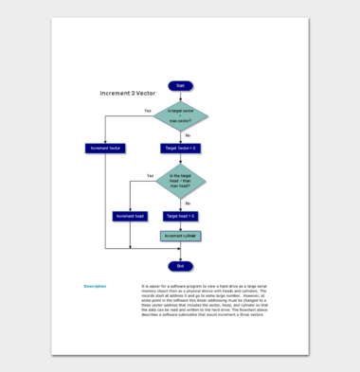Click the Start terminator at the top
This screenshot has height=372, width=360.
tap(180, 86)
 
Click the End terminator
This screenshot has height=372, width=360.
tap(180, 265)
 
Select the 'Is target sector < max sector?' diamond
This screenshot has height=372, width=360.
tap(180, 117)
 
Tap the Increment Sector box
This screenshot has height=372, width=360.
tap(105, 149)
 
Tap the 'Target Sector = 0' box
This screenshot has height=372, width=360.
tap(180, 149)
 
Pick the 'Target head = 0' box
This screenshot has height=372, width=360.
tap(180, 216)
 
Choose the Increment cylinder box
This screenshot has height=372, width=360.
tap(180, 236)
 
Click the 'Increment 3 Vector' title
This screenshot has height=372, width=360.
tap(128, 94)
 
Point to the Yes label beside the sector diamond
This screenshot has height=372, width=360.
tap(147, 111)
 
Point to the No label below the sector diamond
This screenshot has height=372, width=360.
tap(187, 135)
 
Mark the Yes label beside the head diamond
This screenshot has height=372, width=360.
tap(150, 175)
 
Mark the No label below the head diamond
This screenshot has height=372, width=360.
tap(187, 203)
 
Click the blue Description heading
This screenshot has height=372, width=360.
tap(95, 285)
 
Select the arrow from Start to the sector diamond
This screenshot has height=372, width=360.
tap(180, 96)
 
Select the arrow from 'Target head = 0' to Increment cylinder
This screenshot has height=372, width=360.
tap(180, 225)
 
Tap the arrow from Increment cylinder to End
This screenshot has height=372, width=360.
tap(180, 250)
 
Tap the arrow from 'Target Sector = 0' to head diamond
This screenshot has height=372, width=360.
tap(180, 159)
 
